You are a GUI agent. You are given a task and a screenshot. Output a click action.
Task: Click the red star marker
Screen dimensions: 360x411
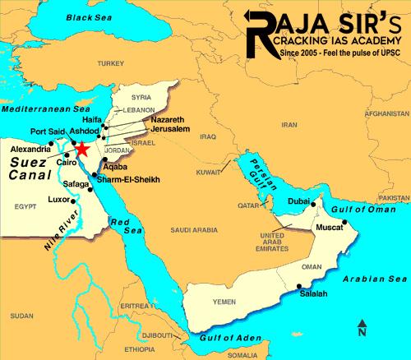81,149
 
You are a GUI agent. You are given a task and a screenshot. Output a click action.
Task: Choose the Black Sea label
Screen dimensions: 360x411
89,17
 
